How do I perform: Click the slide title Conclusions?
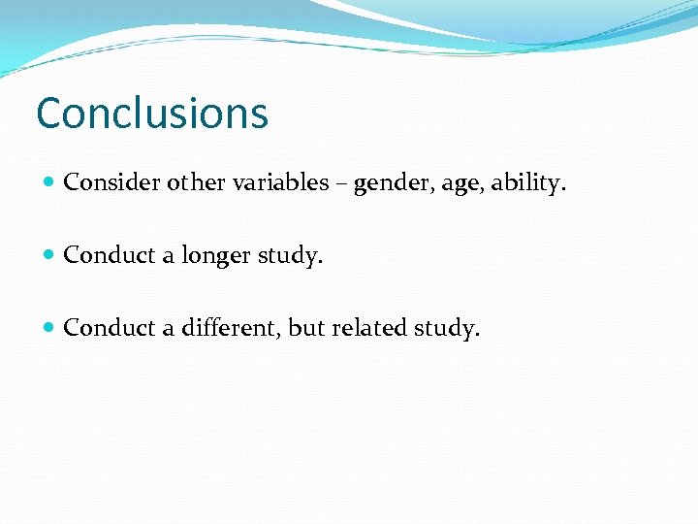(152, 113)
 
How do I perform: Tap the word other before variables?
(194, 182)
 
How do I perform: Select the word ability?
(523, 183)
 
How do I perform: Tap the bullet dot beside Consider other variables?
(50, 182)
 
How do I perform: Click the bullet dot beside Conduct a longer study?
(50, 256)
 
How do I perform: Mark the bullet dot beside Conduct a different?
(50, 329)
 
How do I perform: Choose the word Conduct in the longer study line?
(110, 255)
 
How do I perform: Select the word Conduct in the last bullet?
(110, 328)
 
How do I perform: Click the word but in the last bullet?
(306, 328)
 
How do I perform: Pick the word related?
(369, 328)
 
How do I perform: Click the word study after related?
(446, 329)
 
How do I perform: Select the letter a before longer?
(168, 257)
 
